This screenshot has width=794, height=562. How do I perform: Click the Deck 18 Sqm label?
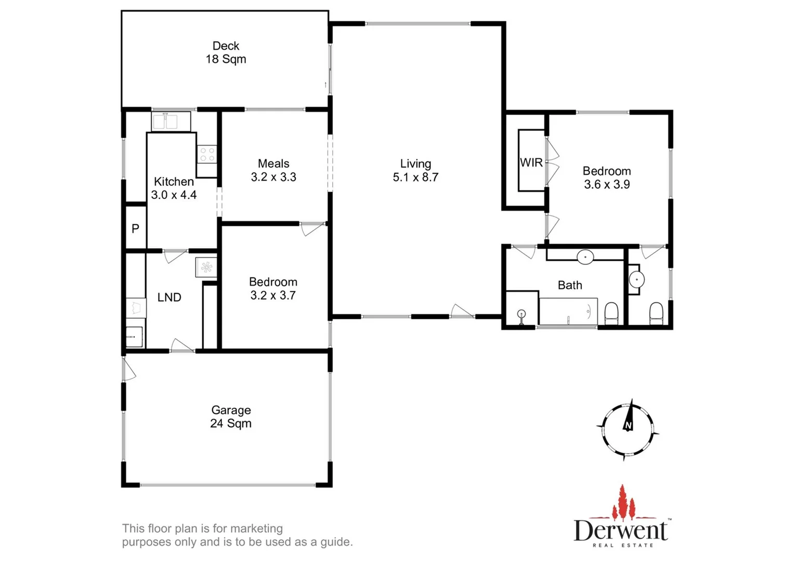pos(226,53)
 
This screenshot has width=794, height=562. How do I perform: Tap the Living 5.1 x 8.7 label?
pos(415,171)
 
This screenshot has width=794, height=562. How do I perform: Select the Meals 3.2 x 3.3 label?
pos(274,170)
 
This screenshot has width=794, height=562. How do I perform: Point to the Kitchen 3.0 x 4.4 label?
pos(174,188)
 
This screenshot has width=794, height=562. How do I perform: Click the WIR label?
pos(531,163)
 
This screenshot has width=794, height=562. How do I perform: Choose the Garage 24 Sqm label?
pos(231,417)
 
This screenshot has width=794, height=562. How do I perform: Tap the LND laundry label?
pos(169,298)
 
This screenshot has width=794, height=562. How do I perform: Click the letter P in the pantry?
pos(135,228)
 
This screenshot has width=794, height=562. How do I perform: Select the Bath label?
pos(570,285)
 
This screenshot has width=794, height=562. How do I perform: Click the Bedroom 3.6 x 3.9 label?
pos(606,177)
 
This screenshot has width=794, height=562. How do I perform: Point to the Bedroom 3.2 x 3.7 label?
pos(273,289)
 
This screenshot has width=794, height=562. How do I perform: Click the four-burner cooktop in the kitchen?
pos(207,154)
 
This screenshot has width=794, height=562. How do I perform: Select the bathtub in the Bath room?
pos(568,311)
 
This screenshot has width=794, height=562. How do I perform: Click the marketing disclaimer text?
pos(237,535)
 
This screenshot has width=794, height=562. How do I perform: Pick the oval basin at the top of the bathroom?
pos(585,257)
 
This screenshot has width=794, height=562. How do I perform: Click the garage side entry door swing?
pos(129,370)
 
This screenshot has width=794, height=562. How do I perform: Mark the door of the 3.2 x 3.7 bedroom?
pos(312,229)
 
